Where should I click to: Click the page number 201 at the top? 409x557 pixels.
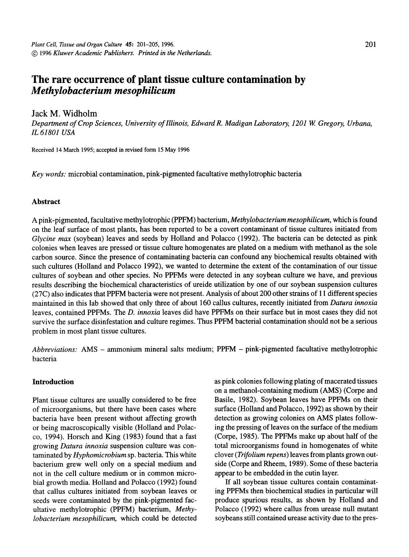click(370, 45)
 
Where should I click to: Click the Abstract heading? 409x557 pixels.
click(46, 201)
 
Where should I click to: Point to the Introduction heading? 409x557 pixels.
click(53, 382)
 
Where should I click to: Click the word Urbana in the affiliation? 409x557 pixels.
click(359, 124)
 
